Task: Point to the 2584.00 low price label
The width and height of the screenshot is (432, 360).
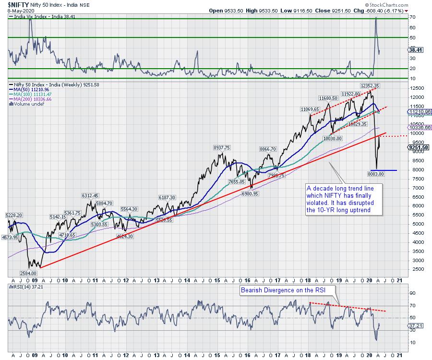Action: pos(27,273)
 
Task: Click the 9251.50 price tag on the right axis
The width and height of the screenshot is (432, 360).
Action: pos(415,147)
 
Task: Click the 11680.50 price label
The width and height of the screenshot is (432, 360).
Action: pos(330,97)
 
